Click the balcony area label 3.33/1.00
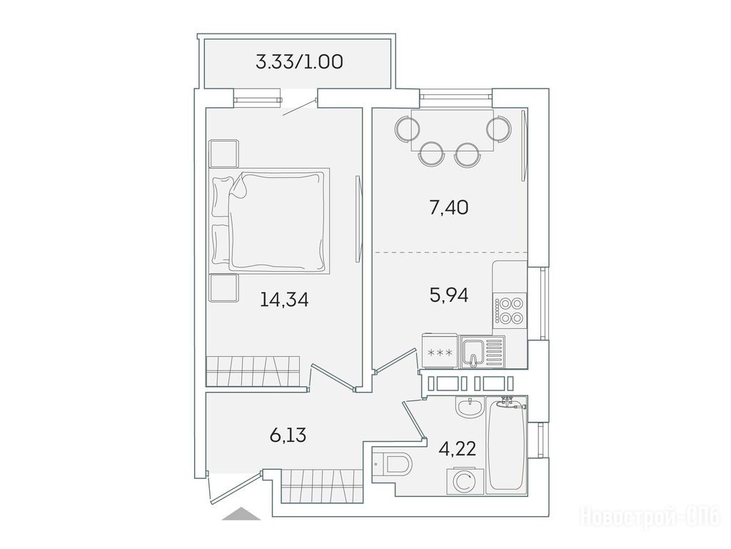tap(299, 61)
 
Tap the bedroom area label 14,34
tap(284, 300)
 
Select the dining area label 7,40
tap(448, 207)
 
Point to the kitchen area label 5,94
tap(448, 295)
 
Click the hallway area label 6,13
tap(288, 435)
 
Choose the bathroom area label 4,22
tap(458, 449)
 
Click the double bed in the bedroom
tap(271, 219)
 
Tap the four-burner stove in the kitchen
tap(510, 311)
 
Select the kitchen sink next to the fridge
tap(482, 352)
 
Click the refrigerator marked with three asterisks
tap(440, 351)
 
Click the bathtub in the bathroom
tap(507, 445)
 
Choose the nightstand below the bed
tap(223, 287)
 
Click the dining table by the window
tap(452, 130)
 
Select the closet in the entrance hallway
tap(322, 486)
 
